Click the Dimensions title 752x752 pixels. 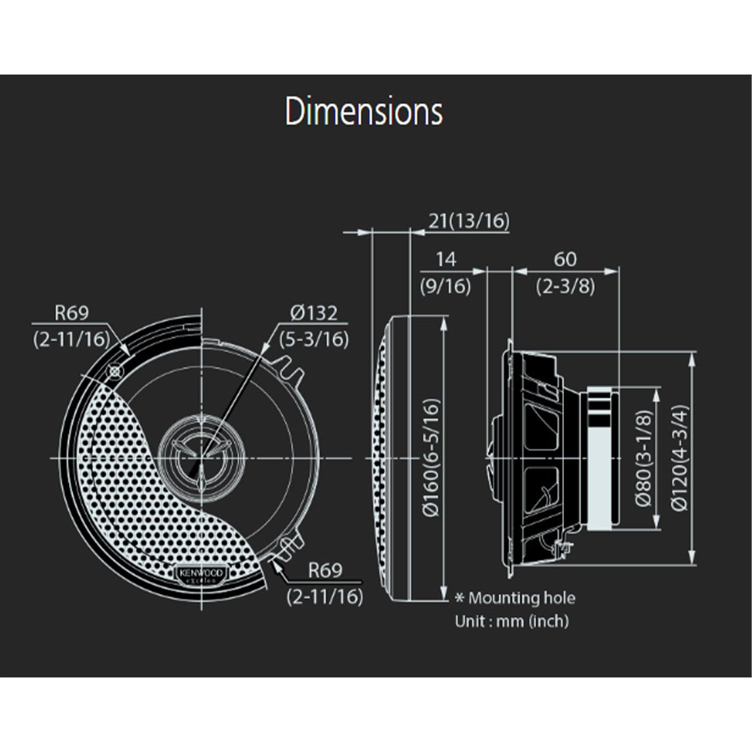tap(364, 112)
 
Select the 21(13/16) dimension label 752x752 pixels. tap(469, 221)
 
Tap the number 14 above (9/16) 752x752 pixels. tap(445, 260)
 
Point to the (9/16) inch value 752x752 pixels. tap(445, 286)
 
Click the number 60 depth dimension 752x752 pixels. tap(565, 260)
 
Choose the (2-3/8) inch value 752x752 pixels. tap(565, 286)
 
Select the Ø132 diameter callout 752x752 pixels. tap(314, 313)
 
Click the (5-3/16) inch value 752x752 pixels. tap(314, 338)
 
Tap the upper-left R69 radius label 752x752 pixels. tap(71, 313)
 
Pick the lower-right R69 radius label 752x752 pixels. tap(325, 570)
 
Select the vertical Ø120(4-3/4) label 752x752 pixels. tap(679, 457)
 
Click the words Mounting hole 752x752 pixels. tap(522, 599)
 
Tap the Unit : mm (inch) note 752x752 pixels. tap(511, 621)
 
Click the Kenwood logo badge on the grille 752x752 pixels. tap(201, 575)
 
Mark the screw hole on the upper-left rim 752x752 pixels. tap(114, 371)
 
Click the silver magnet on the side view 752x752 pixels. tap(599, 458)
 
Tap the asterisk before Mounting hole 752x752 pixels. tap(460, 599)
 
